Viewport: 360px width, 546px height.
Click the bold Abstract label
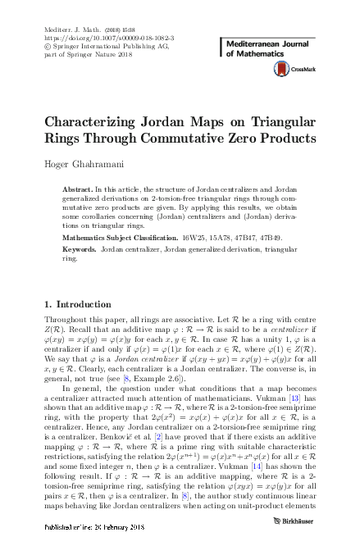[77, 189]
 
